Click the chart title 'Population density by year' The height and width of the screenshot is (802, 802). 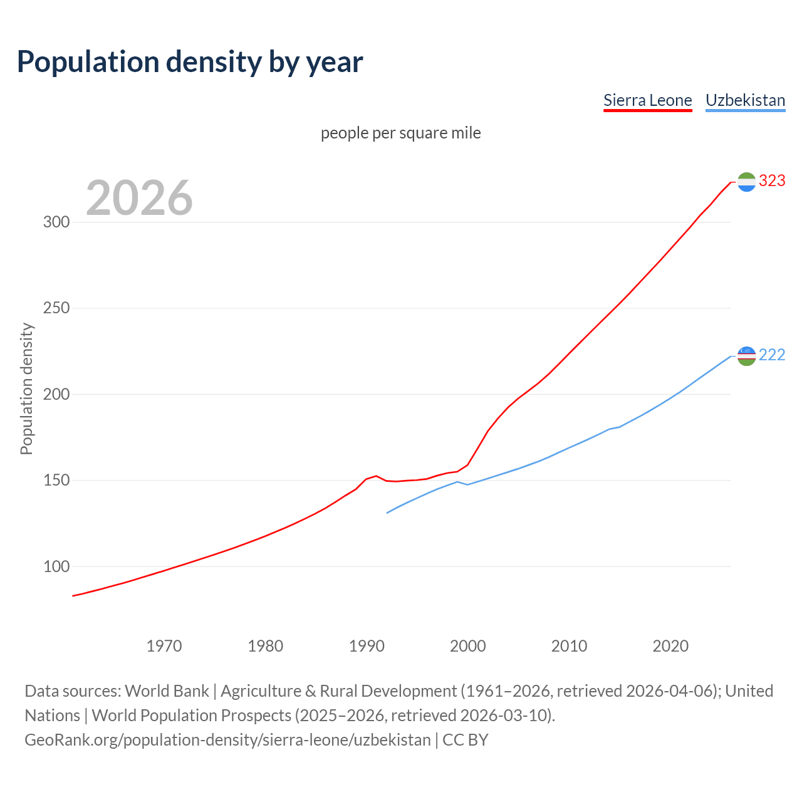[190, 62]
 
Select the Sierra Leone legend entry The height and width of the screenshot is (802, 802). [647, 100]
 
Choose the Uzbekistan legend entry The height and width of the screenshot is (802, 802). [745, 100]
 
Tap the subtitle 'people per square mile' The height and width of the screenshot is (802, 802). [400, 133]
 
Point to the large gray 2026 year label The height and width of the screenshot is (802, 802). [139, 198]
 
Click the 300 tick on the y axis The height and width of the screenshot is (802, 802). [56, 222]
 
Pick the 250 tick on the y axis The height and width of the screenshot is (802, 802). [56, 308]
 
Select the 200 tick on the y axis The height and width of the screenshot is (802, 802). [56, 395]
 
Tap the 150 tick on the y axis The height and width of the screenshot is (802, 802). [56, 481]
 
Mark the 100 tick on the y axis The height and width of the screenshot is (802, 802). [56, 566]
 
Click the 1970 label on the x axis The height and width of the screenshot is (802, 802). [164, 646]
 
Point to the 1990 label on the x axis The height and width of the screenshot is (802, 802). [367, 646]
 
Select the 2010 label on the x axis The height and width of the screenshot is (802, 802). [569, 646]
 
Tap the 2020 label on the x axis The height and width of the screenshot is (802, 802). [670, 646]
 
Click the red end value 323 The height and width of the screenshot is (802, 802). [772, 181]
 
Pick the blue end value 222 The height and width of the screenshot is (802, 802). [772, 355]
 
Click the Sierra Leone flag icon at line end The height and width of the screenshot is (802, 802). [746, 182]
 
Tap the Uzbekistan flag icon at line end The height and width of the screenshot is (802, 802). [746, 356]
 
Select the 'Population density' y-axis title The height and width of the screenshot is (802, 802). [26, 388]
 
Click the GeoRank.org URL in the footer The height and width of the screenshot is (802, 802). [227, 740]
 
